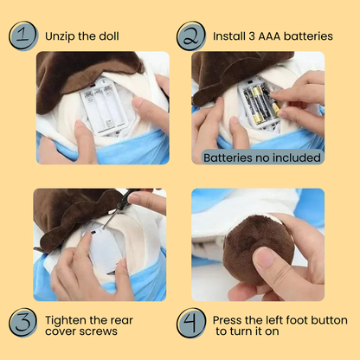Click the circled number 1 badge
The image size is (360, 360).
23,35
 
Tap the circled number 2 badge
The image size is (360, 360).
191,35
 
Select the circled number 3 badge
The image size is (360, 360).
22,323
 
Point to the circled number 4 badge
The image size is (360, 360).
191,323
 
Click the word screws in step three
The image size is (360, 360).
101,331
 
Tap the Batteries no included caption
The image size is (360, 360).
262,157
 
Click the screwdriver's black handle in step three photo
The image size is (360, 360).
126,198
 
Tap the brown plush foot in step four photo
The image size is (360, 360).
258,247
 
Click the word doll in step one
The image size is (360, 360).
109,36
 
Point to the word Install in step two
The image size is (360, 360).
229,36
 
